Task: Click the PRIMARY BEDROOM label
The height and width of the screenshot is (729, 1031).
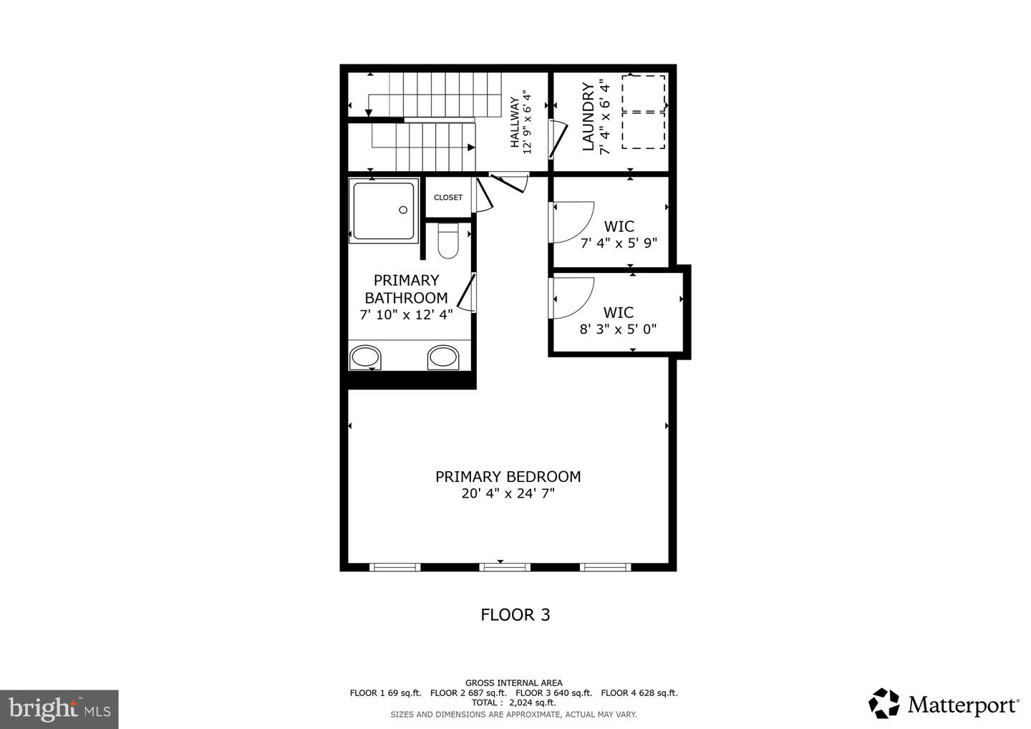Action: tap(508, 476)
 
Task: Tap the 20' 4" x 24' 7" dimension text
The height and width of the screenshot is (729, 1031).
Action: tap(508, 493)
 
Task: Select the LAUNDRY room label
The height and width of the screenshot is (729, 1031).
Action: tap(588, 117)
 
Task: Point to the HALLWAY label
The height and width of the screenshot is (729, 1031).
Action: tap(514, 122)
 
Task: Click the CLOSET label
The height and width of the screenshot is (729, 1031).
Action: tap(448, 198)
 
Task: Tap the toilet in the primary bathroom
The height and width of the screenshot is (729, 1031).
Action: tap(447, 241)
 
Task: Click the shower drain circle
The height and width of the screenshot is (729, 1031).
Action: tap(403, 210)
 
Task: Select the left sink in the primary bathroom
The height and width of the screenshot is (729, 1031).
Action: tap(365, 357)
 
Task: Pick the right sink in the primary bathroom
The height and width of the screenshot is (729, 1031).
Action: tap(443, 357)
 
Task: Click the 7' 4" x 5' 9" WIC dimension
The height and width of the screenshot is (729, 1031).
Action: tap(619, 243)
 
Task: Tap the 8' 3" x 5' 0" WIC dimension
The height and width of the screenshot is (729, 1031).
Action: tap(618, 329)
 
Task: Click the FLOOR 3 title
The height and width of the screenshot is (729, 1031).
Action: tap(515, 614)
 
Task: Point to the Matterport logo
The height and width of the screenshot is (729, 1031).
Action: tap(944, 705)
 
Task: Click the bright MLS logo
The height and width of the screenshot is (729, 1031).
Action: tap(59, 710)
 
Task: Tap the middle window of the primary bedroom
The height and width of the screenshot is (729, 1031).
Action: tap(505, 567)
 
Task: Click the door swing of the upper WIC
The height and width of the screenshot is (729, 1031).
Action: tap(573, 222)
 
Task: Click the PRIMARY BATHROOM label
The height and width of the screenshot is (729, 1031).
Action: tap(406, 289)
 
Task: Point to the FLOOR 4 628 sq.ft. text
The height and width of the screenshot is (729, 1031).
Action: tap(639, 692)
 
